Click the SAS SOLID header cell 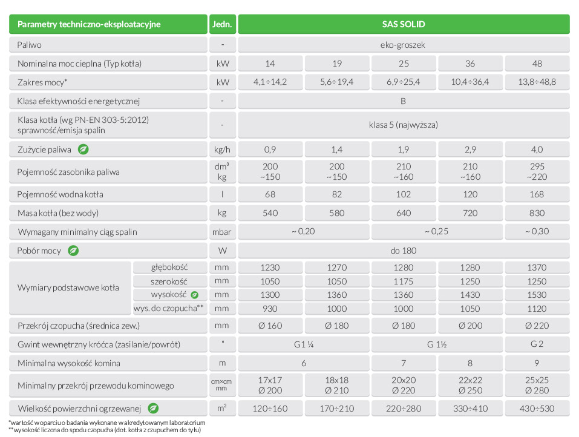click(404, 25)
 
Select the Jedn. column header click(223, 25)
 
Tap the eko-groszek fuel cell click(404, 45)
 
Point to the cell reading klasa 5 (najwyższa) click(404, 125)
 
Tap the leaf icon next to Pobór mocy click(73, 250)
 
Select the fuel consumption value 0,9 click(270, 149)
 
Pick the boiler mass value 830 click(537, 213)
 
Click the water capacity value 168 click(537, 194)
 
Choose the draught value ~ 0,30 click(537, 232)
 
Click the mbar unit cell click(223, 232)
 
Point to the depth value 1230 click(270, 267)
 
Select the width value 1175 click(404, 281)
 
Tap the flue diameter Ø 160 click(270, 326)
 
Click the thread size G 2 click(537, 344)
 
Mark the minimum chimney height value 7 click(404, 363)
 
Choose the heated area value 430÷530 click(537, 408)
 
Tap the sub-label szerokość click(169, 281)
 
